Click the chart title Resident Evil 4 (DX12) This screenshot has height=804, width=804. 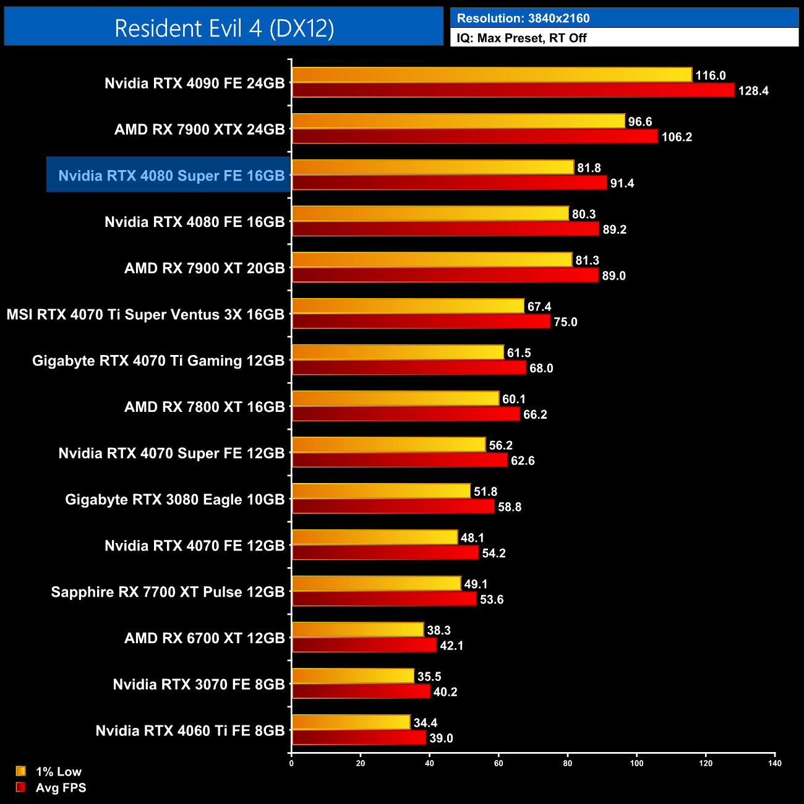(x=224, y=28)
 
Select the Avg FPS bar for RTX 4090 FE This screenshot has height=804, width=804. (x=513, y=90)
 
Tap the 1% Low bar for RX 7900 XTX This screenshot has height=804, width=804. (x=458, y=121)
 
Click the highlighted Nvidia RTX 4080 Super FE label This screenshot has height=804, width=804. (x=171, y=176)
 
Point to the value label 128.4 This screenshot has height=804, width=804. (x=753, y=91)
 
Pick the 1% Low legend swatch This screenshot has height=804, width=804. (x=21, y=771)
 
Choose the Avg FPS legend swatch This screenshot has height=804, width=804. (x=21, y=787)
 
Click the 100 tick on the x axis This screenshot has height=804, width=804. (x=636, y=763)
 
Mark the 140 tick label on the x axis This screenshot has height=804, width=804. (x=775, y=763)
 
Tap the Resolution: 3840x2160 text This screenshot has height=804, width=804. (x=523, y=19)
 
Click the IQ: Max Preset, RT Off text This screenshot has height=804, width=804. (x=521, y=38)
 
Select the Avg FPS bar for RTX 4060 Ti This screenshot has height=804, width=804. (x=359, y=738)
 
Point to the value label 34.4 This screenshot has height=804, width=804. (x=426, y=723)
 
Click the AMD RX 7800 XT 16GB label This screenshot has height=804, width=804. (x=205, y=407)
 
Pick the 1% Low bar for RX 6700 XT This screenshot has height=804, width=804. (x=357, y=630)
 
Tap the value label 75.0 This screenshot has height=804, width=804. (x=565, y=322)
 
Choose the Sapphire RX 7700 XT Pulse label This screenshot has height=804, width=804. (x=168, y=592)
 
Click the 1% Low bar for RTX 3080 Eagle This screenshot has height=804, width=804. (x=381, y=491)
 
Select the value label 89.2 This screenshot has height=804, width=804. (x=615, y=229)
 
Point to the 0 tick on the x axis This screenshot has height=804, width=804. (x=291, y=763)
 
